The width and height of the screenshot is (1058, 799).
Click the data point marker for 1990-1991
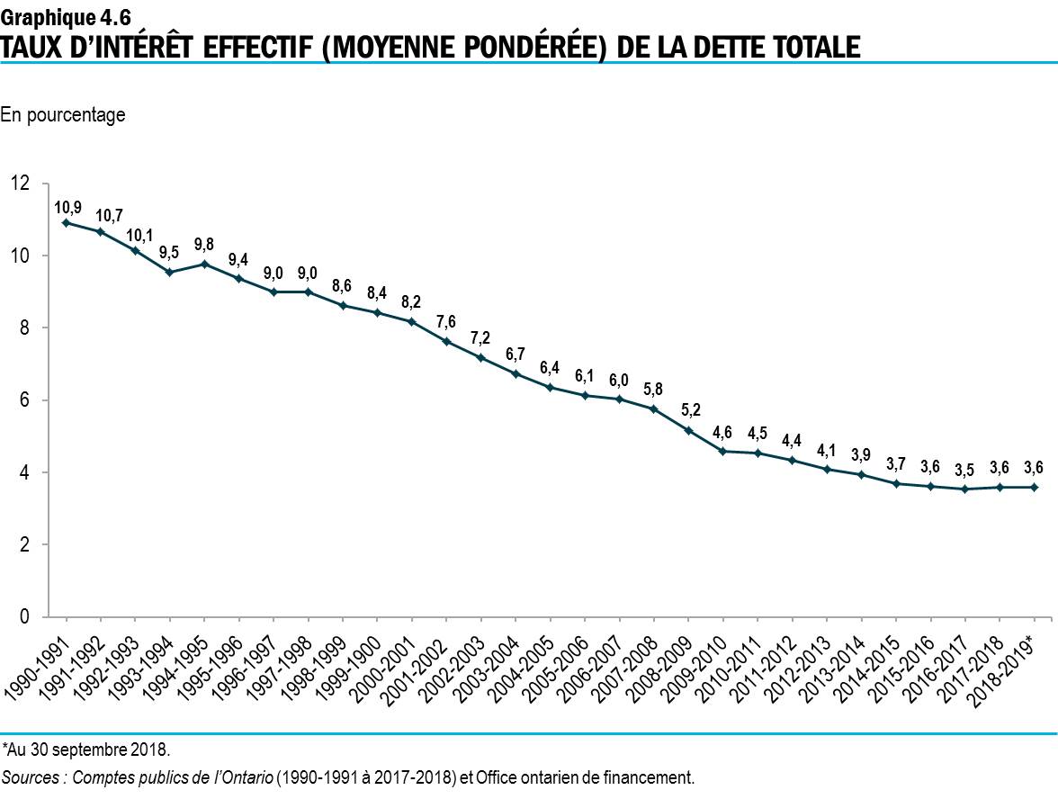66,222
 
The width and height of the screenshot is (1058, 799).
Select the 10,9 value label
67,206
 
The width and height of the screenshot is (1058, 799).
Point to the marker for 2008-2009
688,430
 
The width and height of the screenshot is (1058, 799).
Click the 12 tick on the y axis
20,184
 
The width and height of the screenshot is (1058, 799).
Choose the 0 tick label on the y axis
25,617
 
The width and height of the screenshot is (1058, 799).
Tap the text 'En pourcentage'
63,115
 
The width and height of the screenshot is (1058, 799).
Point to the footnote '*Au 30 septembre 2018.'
85,749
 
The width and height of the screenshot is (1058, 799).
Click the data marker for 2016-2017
965,489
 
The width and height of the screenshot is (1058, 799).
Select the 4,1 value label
827,449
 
